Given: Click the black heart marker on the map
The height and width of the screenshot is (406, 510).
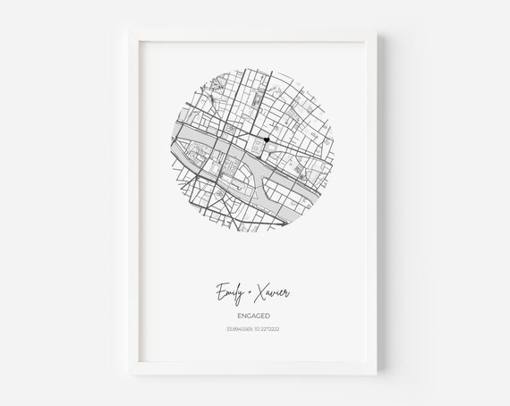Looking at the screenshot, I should click(268, 140).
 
